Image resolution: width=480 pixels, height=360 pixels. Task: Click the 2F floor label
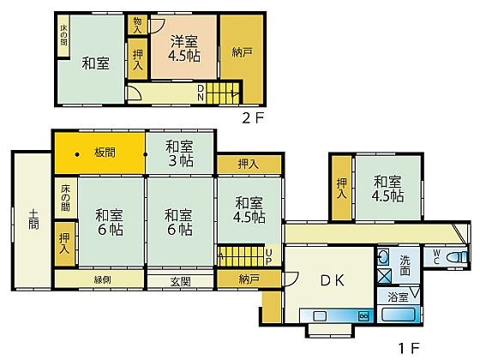click(x=253, y=118)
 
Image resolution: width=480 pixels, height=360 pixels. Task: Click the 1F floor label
click(x=409, y=348)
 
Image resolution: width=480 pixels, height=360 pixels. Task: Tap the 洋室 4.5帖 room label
click(x=184, y=49)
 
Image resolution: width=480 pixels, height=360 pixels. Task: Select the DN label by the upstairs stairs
click(x=201, y=93)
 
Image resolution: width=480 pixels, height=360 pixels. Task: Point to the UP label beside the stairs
click(x=269, y=257)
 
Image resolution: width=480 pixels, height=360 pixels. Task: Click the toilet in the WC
click(x=457, y=257)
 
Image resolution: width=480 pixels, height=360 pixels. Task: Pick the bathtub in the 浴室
click(x=399, y=315)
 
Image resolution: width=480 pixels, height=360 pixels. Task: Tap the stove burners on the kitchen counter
click(x=364, y=315)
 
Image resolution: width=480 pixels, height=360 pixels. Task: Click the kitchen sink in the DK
click(x=319, y=315)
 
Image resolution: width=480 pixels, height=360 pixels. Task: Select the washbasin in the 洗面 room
click(x=383, y=257)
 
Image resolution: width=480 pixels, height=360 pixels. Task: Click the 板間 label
click(x=105, y=153)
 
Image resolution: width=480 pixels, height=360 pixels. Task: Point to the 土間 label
click(x=33, y=219)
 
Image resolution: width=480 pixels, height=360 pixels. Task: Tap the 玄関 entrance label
click(x=181, y=281)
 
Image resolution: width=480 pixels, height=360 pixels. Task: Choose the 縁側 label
click(x=103, y=279)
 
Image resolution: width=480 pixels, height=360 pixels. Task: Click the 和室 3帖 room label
click(x=180, y=153)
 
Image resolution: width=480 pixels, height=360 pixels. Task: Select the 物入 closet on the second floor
click(x=137, y=25)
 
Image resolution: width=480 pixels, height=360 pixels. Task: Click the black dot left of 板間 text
click(x=77, y=154)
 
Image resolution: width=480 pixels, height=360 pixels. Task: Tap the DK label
click(x=333, y=280)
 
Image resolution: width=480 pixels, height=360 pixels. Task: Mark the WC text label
click(x=436, y=257)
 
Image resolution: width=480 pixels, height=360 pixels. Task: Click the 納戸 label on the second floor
click(x=242, y=52)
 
